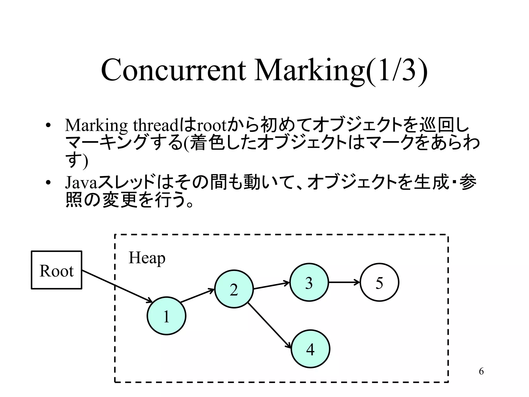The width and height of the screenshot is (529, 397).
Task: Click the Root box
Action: (x=57, y=270)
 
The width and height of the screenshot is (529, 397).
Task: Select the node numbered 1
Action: (x=166, y=316)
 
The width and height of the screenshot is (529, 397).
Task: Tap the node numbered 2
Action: (x=234, y=289)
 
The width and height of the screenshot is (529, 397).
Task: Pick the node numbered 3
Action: (x=309, y=282)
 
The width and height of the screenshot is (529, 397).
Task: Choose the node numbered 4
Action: (x=310, y=349)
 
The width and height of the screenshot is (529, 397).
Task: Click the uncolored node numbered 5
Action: (x=379, y=282)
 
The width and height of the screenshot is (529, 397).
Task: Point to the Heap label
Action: (x=147, y=258)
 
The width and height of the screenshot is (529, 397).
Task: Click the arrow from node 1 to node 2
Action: (x=197, y=296)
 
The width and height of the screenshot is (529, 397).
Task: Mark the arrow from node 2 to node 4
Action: (x=269, y=325)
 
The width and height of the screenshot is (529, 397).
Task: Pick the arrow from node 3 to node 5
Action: (x=344, y=282)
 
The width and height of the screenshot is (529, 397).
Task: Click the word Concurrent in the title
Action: (x=173, y=70)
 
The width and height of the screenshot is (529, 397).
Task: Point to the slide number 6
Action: (x=481, y=371)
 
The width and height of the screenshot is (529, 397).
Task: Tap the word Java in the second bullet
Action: (x=81, y=182)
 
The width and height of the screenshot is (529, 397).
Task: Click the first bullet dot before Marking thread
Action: (x=48, y=126)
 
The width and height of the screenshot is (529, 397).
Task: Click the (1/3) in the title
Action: (x=397, y=70)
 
